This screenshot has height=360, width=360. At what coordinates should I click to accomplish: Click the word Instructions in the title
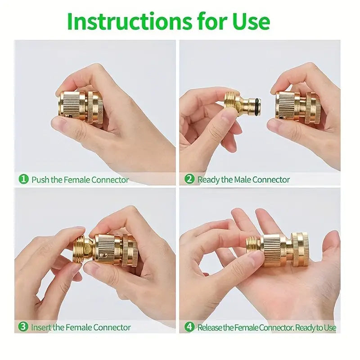(130, 21)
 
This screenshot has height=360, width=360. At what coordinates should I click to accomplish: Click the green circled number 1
(23, 179)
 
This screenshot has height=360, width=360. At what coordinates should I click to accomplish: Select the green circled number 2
(189, 179)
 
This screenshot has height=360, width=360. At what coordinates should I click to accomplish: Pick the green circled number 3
(23, 327)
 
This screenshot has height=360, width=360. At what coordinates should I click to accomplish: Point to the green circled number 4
(189, 327)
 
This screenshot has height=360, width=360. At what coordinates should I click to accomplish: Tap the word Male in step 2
(242, 180)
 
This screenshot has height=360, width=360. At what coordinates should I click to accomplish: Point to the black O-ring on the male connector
(257, 107)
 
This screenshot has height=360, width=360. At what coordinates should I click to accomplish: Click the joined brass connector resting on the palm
(277, 249)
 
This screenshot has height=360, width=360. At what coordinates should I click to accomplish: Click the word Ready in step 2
(208, 180)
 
